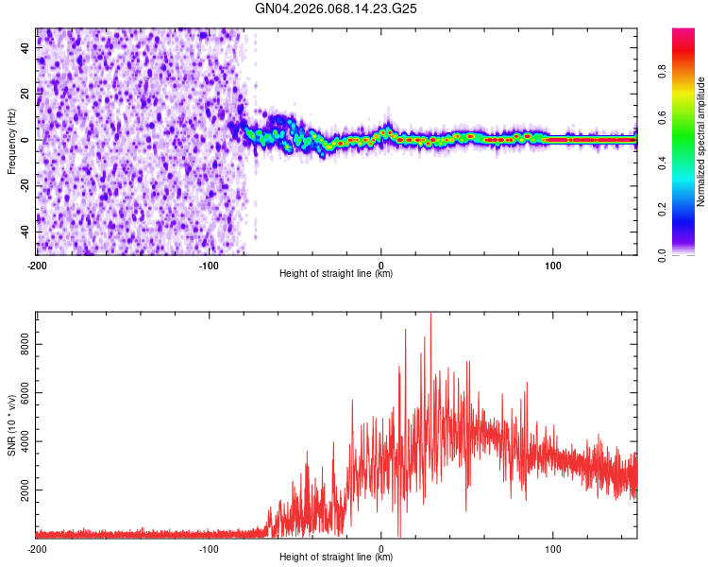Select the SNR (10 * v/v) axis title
point(11,424)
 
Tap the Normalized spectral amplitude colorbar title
point(701,142)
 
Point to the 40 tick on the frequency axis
point(26,48)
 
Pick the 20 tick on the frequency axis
point(26,94)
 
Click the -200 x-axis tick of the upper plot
point(37,265)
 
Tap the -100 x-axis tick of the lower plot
point(209,548)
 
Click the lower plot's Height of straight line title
point(336,558)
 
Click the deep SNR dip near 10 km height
point(399,535)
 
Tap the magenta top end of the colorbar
point(684,32)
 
